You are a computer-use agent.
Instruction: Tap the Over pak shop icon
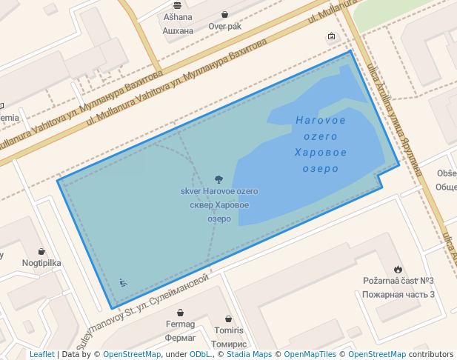point(224,15)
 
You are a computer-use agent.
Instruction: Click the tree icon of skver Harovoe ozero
point(219,179)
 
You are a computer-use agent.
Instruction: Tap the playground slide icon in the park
point(123,282)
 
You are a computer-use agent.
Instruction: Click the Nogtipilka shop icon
point(41,251)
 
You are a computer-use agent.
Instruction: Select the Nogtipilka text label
point(41,263)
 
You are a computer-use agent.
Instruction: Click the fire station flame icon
point(398,269)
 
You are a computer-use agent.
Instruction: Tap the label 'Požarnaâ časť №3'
point(398,281)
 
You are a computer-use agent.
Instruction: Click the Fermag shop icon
point(181,313)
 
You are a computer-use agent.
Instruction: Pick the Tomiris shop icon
point(229,318)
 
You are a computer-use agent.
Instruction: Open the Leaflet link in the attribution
point(41,355)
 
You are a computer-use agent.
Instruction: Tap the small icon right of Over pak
point(330,36)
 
